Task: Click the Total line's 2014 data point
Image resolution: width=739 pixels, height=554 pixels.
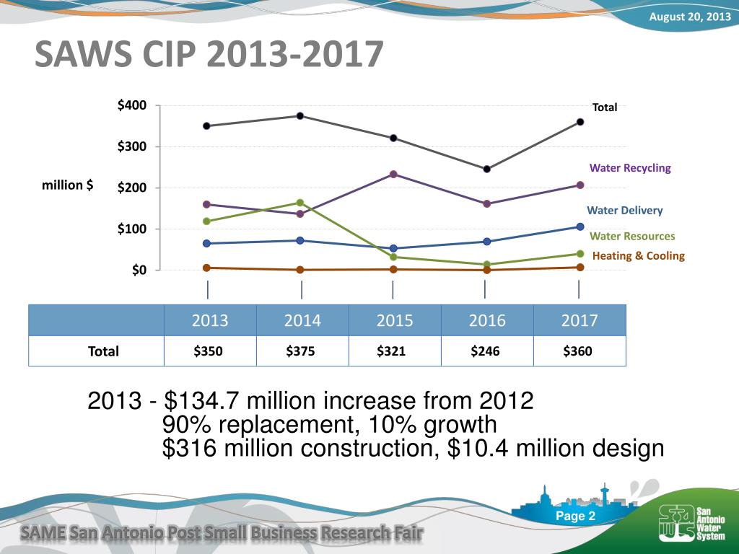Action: pyautogui.click(x=300, y=116)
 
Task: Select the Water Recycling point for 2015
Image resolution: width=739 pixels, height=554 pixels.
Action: pyautogui.click(x=393, y=175)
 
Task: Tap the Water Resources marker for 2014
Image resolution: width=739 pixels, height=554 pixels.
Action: pyautogui.click(x=300, y=203)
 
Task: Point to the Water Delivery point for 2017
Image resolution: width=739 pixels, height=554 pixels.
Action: pyautogui.click(x=580, y=227)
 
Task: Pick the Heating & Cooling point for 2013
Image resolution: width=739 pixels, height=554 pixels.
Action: pyautogui.click(x=206, y=268)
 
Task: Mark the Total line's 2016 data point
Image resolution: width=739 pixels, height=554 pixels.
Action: pyautogui.click(x=487, y=169)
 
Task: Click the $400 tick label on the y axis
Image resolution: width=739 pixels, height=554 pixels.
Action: pyautogui.click(x=132, y=105)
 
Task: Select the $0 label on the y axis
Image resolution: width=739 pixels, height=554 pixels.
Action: pyautogui.click(x=139, y=270)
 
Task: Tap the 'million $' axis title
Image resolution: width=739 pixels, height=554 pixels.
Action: pyautogui.click(x=67, y=185)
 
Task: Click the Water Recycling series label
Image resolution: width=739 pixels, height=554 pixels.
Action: pyautogui.click(x=629, y=168)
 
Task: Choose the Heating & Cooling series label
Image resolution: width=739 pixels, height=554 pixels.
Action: pyautogui.click(x=638, y=256)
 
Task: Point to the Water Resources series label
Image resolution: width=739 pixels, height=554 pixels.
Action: pyautogui.click(x=632, y=236)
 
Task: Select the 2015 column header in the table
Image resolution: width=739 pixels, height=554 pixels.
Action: pyautogui.click(x=395, y=320)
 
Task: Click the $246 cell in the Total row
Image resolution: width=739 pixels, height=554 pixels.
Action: pyautogui.click(x=486, y=351)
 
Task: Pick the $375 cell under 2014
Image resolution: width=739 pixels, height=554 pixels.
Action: pyautogui.click(x=301, y=351)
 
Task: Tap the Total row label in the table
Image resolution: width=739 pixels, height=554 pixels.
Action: pyautogui.click(x=103, y=351)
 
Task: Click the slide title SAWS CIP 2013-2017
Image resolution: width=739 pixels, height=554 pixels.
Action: pyautogui.click(x=209, y=53)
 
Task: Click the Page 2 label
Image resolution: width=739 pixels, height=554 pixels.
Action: pyautogui.click(x=575, y=516)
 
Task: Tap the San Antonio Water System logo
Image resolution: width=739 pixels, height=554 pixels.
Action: pyautogui.click(x=692, y=522)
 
